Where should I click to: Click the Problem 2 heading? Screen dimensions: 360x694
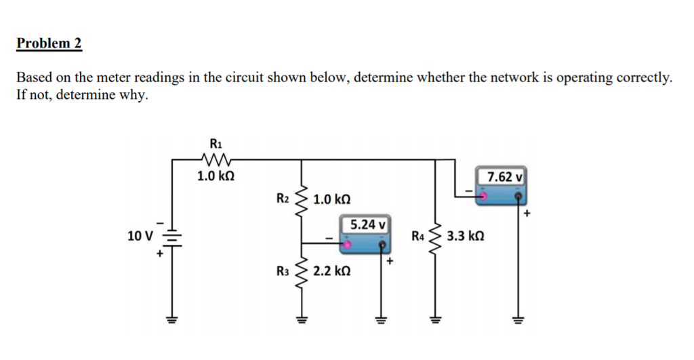(x=49, y=44)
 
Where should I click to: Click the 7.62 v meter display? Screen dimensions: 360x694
(x=502, y=177)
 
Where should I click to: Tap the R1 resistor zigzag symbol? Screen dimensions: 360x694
(x=216, y=160)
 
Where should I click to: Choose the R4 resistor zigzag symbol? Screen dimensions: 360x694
(x=434, y=236)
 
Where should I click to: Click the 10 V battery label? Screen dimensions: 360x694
(x=140, y=236)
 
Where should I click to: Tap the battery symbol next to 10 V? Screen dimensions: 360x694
(x=173, y=237)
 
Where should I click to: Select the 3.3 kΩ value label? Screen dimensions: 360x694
(x=466, y=237)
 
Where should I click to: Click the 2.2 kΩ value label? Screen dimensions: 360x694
(x=332, y=271)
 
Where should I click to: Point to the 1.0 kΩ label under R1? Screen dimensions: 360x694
(x=216, y=177)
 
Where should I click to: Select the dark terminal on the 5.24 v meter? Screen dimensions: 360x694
(x=382, y=244)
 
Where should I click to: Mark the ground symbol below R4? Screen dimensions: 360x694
(x=434, y=319)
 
